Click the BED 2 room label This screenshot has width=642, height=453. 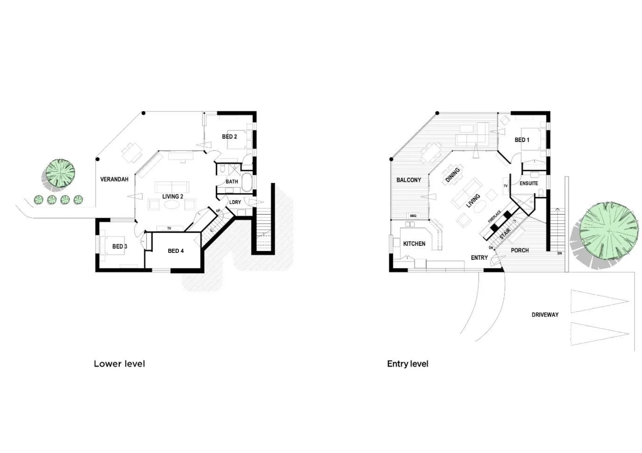click(229, 137)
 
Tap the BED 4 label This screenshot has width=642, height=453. click(176, 251)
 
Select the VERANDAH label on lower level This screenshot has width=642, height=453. click(114, 180)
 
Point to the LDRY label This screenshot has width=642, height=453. click(235, 202)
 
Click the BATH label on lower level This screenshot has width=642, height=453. click(232, 182)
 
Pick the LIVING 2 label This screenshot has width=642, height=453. click(173, 197)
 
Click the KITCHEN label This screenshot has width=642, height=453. click(414, 244)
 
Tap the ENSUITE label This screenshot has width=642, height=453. click(529, 183)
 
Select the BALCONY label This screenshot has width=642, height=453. click(409, 180)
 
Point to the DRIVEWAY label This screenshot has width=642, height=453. click(545, 315)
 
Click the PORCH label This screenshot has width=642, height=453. click(519, 250)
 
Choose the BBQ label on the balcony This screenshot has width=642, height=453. click(413, 216)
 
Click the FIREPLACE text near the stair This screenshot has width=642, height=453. click(494, 216)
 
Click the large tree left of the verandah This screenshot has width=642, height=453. click(60, 173)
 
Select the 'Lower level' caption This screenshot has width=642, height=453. click(119, 364)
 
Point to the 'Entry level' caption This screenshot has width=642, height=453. click(407, 364)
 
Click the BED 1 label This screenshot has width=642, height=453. click(522, 140)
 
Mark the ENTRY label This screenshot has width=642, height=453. click(479, 258)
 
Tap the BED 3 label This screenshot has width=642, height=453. click(120, 247)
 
